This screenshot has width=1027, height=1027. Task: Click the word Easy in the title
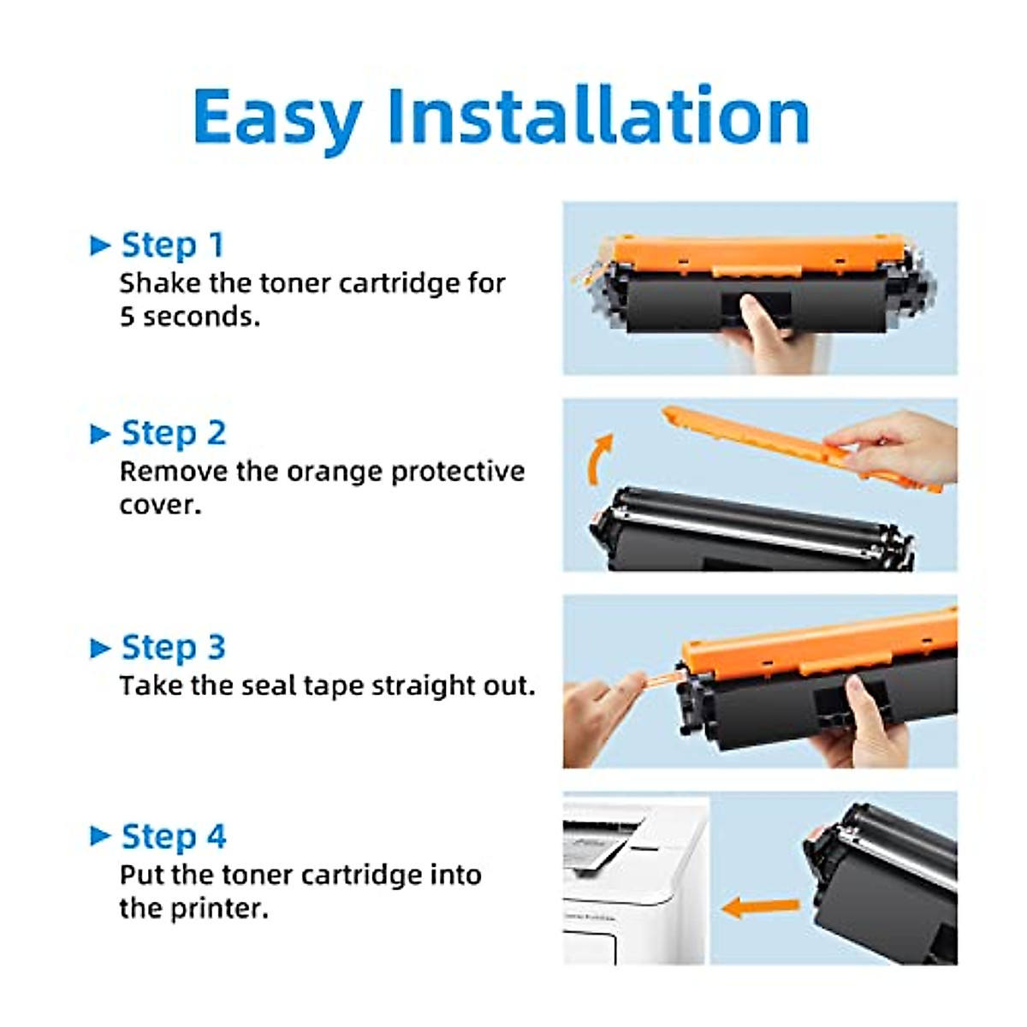tap(276, 117)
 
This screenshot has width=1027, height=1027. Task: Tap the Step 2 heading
tap(173, 433)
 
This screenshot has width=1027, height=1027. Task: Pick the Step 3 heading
tap(173, 647)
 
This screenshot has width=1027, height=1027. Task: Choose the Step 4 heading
tap(173, 836)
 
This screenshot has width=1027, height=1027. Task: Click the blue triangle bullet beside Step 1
tap(100, 246)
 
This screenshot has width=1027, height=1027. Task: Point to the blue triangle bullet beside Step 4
tap(100, 836)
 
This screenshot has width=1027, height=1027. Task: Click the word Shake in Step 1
tap(160, 283)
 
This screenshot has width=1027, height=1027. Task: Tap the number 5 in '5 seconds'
tap(127, 317)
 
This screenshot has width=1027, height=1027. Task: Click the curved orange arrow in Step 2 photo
tap(599, 458)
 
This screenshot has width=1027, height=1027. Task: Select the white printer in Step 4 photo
tap(633, 882)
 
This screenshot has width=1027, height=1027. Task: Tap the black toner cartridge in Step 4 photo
tap(882, 882)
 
